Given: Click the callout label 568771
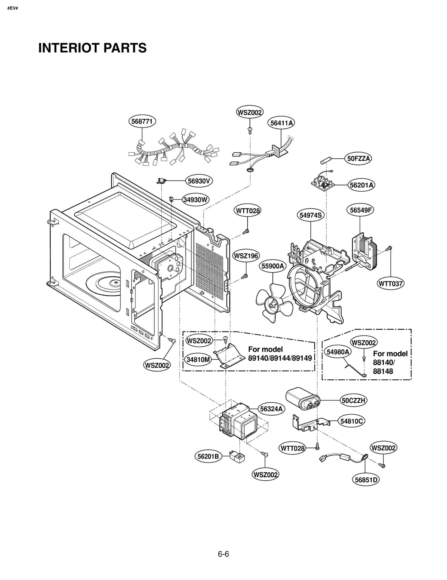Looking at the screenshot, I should coord(142,121).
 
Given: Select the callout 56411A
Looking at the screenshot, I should coord(281,123).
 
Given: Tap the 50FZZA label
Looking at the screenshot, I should coord(358,159).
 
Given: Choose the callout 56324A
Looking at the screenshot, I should coord(271,409).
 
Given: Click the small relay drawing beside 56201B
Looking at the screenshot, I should coord(237,456).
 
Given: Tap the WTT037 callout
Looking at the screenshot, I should coord(391,284).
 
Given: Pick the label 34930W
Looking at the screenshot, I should coord(196,200).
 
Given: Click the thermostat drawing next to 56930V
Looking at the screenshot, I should coord(161,181).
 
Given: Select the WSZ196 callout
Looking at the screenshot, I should coord(246,256).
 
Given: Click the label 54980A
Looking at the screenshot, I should coord(338,352).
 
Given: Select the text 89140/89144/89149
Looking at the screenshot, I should coord(280,358).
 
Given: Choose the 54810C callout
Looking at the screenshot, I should coord(351,421).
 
